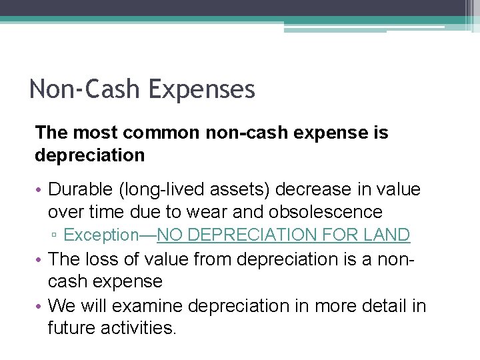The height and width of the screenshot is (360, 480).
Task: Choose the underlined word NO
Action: pyautogui.click(x=167, y=235)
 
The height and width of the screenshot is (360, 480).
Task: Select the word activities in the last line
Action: pyautogui.click(x=141, y=329)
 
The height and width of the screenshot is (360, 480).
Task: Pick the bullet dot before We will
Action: pyautogui.click(x=39, y=307)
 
